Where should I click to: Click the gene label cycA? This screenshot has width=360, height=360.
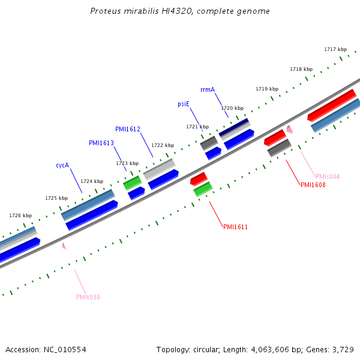point(62,165)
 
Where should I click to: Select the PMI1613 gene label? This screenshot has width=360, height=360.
point(101,143)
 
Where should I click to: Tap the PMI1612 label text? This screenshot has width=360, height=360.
point(128,129)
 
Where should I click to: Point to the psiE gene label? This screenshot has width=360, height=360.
point(184,104)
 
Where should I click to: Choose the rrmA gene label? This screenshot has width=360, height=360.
point(208,89)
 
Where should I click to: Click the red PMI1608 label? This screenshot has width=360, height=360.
point(313,185)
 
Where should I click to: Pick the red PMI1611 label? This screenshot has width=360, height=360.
point(235,227)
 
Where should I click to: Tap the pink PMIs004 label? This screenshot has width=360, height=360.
point(328,176)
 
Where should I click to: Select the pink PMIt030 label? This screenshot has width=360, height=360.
point(88,297)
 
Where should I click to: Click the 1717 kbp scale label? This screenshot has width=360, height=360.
point(335,49)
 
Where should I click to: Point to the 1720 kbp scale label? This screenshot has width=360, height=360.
point(232,108)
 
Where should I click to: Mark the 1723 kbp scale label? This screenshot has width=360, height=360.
point(127,163)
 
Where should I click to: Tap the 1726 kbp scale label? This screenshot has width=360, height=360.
point(20,215)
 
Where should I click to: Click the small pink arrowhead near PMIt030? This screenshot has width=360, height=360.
point(64,245)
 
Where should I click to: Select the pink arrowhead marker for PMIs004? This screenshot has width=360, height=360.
point(290,129)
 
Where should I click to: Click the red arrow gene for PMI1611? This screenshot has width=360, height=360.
point(199,179)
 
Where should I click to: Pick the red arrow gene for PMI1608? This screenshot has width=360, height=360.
point(275,137)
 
